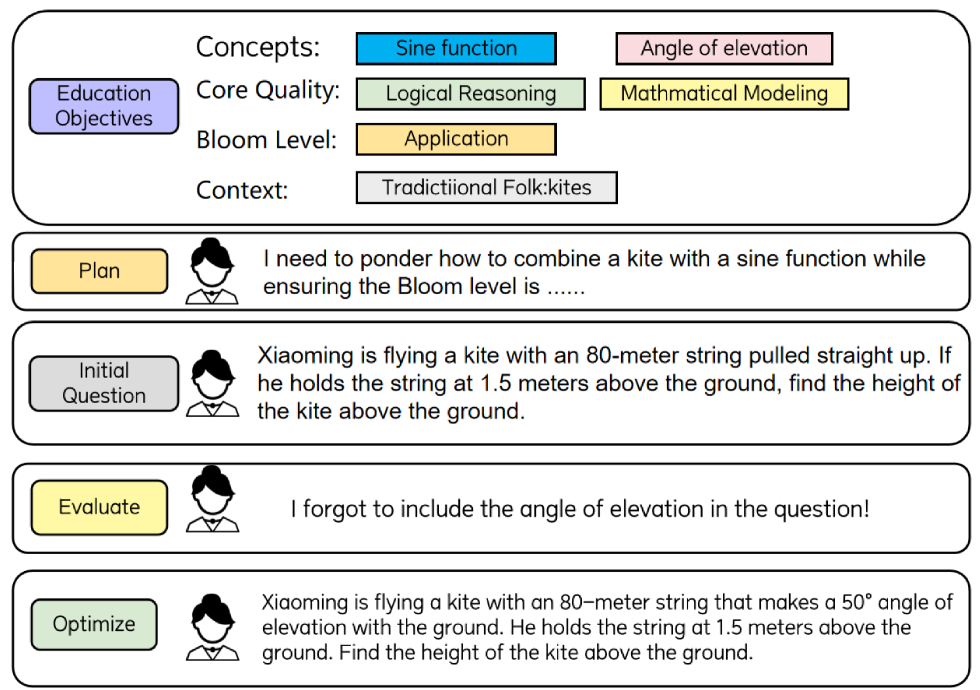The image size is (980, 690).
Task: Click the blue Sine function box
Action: coord(456,49)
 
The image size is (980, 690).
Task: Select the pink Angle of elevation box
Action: coord(724,49)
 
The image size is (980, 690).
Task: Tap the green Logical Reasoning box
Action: coord(470,94)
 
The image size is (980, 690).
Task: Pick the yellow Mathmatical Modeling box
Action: coord(724,94)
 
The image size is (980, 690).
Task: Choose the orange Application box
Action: coord(456,139)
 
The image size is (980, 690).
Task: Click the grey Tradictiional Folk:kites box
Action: coord(486,188)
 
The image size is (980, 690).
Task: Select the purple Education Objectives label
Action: coord(104,106)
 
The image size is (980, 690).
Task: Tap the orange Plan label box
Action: coord(99,271)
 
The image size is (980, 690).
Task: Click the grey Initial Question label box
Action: coord(104,383)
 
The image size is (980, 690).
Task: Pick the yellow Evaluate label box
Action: coord(99,507)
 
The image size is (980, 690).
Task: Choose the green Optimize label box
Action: coord(94,624)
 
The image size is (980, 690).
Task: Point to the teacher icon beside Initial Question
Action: coord(212,384)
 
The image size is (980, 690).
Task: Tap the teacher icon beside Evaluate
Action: coord(212,499)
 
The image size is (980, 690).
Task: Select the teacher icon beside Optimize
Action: coord(212,628)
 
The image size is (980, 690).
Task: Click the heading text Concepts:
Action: coord(258,47)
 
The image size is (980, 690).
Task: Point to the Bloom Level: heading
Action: coord(266,140)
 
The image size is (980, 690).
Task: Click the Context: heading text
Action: coord(242,190)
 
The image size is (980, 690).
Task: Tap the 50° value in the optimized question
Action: coord(857,602)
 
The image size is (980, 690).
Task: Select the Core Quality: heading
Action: coord(268,91)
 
